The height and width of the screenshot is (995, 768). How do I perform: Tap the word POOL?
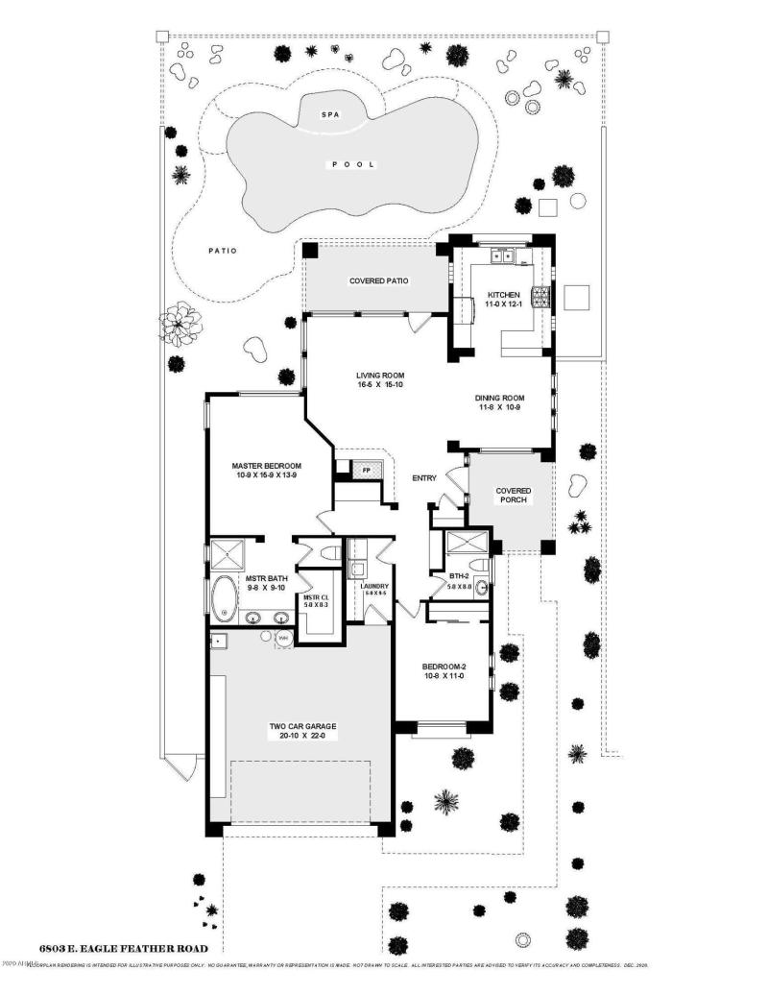coord(353,164)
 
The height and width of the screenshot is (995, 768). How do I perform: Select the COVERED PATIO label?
coord(378,281)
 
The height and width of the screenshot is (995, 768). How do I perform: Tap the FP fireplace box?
coord(366,469)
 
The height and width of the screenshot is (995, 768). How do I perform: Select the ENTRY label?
coord(424,477)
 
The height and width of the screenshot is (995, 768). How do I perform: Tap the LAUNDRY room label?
coord(373,585)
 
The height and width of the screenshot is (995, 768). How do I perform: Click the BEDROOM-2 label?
coord(444,666)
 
